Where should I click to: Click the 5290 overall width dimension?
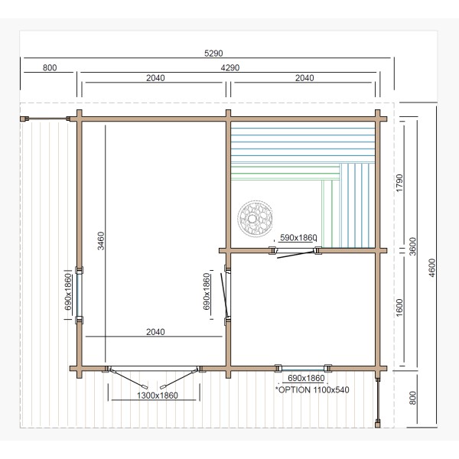point(213,54)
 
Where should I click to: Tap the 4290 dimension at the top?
point(230,68)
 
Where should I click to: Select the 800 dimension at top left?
point(50,68)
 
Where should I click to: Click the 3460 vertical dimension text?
point(101,241)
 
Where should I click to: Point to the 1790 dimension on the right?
point(399,183)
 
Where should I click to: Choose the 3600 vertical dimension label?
point(412,246)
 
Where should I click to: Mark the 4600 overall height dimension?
point(432,268)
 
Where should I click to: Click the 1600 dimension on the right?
point(399,308)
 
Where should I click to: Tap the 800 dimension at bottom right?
point(412,398)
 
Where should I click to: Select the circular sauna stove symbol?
point(256,218)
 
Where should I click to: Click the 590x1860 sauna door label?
point(298,237)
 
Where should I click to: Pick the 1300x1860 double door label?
point(158,396)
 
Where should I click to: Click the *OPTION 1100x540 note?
point(312,390)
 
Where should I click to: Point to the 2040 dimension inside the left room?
point(155,332)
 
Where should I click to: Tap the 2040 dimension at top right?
point(304,78)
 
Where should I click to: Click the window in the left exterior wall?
point(79,295)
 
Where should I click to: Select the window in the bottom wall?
point(303,368)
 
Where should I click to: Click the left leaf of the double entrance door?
point(129,379)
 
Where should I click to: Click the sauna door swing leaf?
point(295,255)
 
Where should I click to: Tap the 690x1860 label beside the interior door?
point(207,291)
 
